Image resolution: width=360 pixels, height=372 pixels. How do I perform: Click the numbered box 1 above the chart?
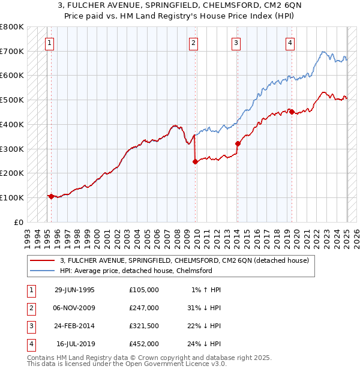[x=49, y=43]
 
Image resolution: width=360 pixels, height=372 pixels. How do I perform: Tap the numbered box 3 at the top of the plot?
[x=236, y=43]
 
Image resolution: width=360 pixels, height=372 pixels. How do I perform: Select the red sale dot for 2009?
[x=195, y=161]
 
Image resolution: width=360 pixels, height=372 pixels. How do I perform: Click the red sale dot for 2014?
[x=238, y=143]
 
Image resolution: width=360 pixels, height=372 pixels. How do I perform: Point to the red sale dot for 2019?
[x=291, y=112]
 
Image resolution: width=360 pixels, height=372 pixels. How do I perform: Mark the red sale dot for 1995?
[x=52, y=196]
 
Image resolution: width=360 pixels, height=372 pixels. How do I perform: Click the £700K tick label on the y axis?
[x=11, y=52]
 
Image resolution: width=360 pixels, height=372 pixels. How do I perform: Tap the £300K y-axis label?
[x=11, y=149]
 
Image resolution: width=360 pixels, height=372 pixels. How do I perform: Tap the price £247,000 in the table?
[x=144, y=308]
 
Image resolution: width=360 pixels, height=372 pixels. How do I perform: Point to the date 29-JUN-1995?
[x=74, y=290]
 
